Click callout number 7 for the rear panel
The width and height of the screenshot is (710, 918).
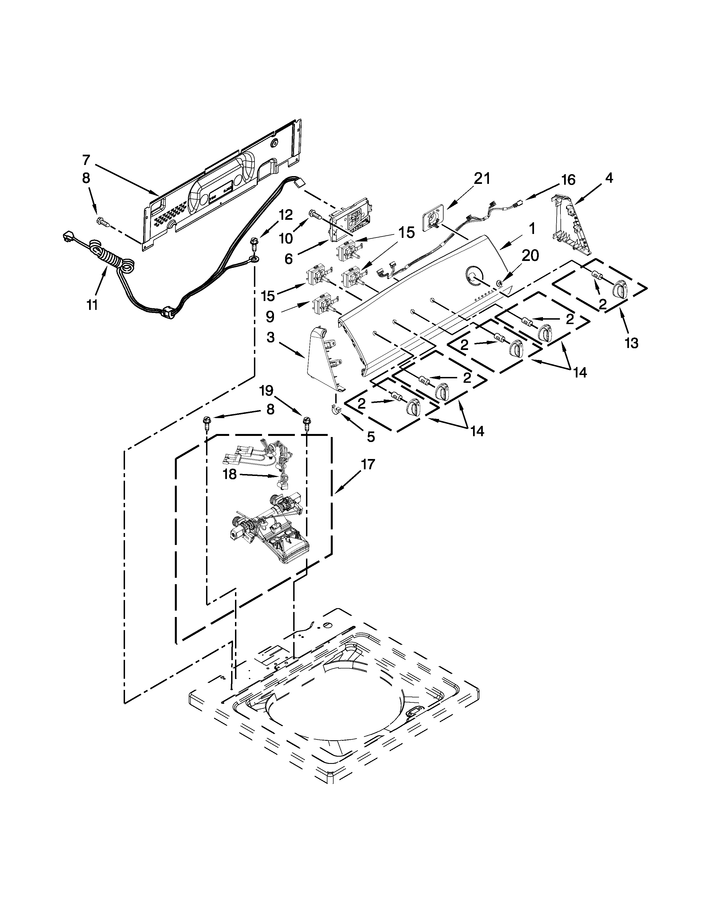86,160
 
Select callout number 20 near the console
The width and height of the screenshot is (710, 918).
530,255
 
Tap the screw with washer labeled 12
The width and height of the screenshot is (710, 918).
254,243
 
